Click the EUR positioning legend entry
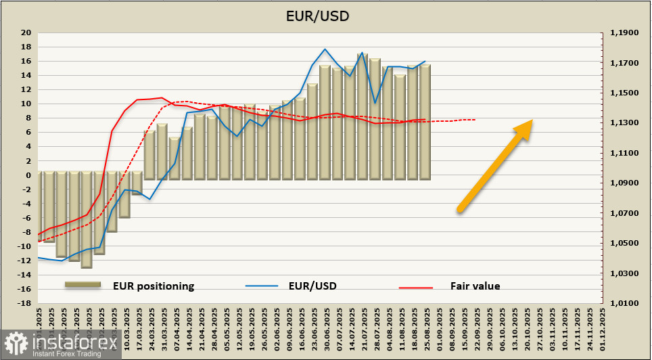[154, 286]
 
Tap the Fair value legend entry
[475, 286]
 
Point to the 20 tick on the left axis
[26, 32]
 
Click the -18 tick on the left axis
[25, 303]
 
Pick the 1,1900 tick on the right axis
[624, 32]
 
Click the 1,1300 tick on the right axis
[624, 122]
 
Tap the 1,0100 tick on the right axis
[624, 303]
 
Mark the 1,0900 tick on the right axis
[624, 183]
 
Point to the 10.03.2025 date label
[126, 331]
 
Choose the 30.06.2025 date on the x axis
[325, 331]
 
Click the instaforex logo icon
[14, 344]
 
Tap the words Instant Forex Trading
[64, 353]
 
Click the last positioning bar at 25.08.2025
[425, 122]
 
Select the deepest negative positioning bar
[87, 220]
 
